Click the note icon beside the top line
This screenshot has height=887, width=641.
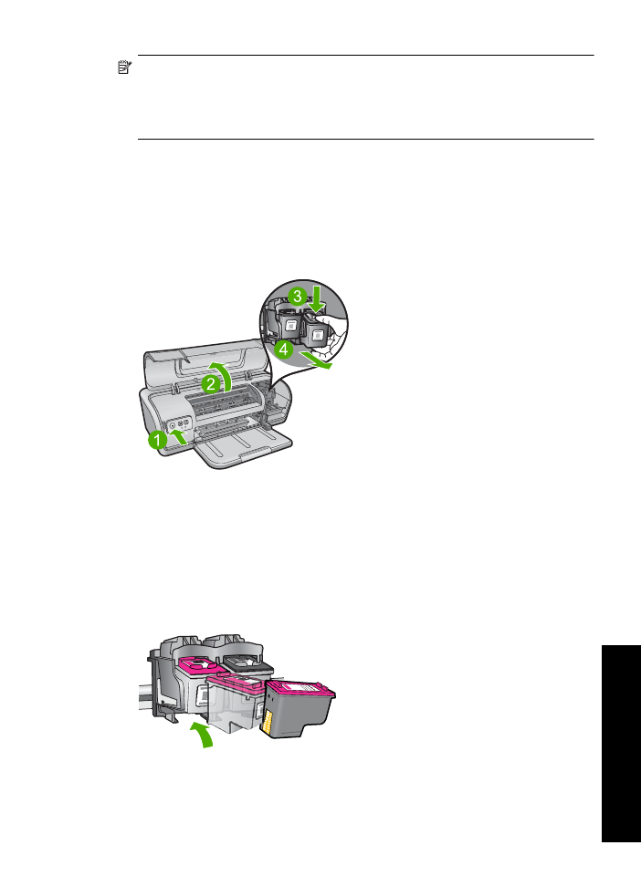(124, 68)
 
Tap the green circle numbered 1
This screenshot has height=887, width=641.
(157, 440)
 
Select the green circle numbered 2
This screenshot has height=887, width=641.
(211, 384)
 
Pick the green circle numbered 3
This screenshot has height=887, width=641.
(298, 296)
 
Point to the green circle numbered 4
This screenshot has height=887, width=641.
(284, 349)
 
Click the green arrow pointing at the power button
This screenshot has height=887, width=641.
(178, 436)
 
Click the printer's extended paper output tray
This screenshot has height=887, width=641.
(244, 447)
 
